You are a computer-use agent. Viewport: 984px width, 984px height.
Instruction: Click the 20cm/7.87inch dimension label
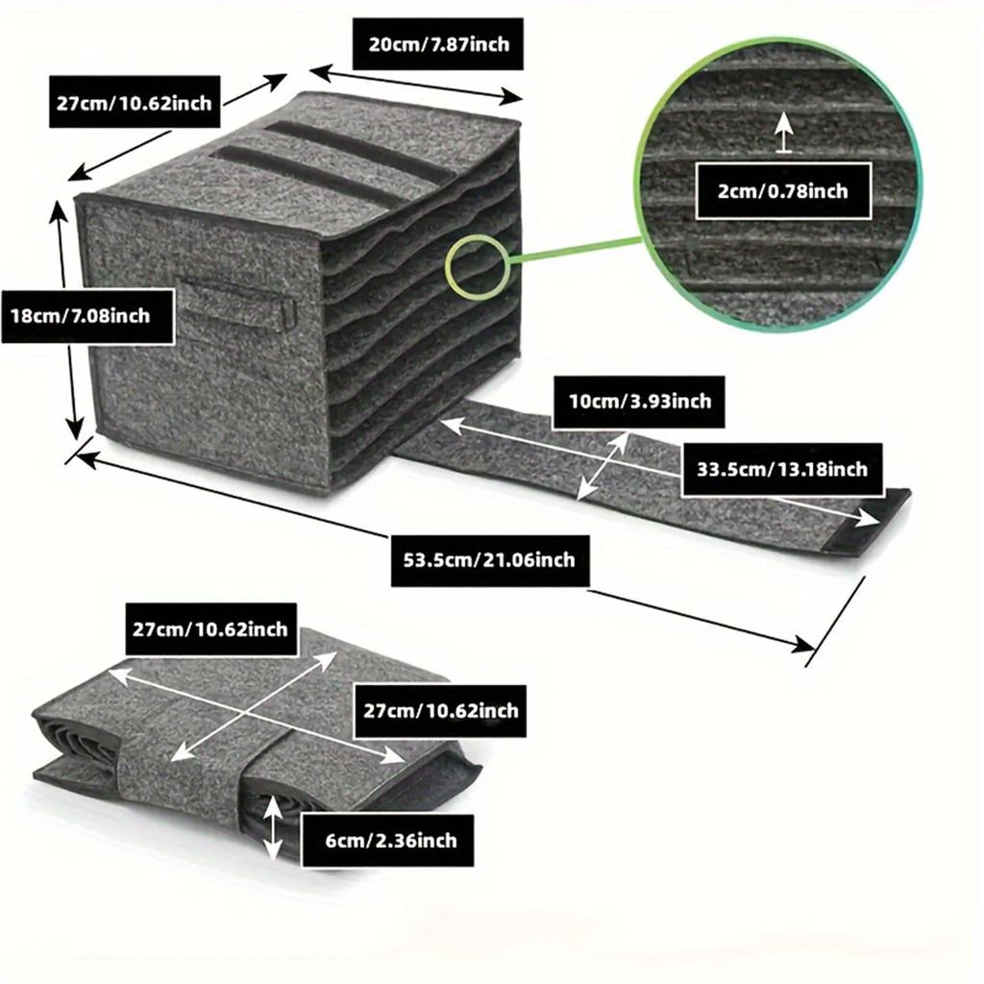coord(437,44)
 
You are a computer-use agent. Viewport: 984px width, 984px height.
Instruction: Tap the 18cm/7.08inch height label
coord(87,315)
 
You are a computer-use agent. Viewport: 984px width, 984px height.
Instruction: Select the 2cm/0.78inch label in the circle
coord(783,191)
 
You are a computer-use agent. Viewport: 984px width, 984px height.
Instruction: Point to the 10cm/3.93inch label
coord(639,402)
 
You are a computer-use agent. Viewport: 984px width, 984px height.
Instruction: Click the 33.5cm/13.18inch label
coord(782,469)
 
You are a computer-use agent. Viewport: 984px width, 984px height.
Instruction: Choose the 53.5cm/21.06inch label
coord(489,560)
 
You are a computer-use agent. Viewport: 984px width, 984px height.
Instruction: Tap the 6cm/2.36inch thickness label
coord(388,840)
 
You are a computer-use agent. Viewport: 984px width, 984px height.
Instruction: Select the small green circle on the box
coord(475,266)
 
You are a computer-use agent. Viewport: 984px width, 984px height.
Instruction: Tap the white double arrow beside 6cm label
coord(272,826)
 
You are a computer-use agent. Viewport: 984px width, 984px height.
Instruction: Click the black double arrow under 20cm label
coord(415,84)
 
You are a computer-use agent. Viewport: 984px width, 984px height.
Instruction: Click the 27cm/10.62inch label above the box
coord(135,102)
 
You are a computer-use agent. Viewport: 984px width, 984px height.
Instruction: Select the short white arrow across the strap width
coord(603,466)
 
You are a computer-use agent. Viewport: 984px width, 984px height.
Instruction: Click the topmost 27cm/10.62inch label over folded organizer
coord(210,629)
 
